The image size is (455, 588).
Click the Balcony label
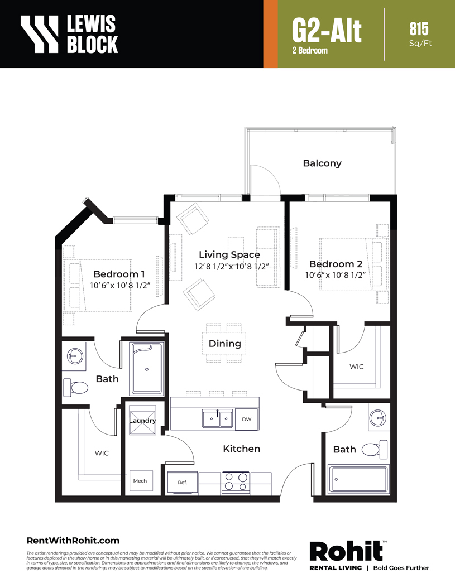coord(322,163)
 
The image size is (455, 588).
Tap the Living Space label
coord(229,254)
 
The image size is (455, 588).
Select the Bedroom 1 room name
coord(119,274)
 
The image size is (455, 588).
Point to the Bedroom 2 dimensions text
coord(335,275)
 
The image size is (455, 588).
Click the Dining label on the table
coord(225,344)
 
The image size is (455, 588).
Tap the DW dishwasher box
coord(246,420)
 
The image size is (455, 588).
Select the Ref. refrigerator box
coord(183,483)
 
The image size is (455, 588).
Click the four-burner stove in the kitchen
coord(236,483)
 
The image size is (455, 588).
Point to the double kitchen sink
coord(217,419)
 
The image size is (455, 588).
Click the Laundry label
coord(142,421)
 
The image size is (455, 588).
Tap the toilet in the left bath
coord(75,387)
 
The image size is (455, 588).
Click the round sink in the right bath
coord(377,417)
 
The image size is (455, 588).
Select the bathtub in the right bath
coord(358,479)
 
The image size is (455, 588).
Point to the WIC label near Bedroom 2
coord(357,367)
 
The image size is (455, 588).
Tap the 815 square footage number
coord(419,29)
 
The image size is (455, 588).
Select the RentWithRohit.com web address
coord(73,541)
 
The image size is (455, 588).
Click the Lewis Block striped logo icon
coord(40,33)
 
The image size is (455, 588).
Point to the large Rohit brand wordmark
coord(346,552)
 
